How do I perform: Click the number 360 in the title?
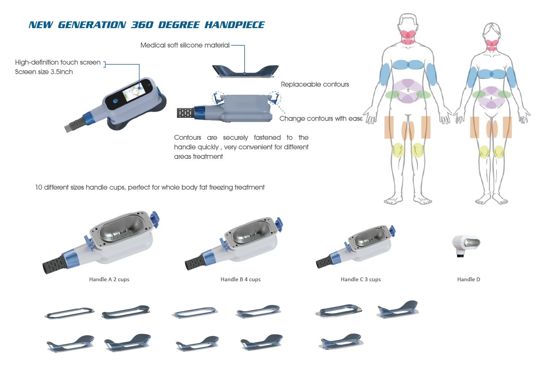[x=142, y=25]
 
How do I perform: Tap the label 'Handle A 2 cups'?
[x=109, y=279]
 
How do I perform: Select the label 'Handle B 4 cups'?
[x=240, y=279]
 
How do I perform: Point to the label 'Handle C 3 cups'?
[x=361, y=279]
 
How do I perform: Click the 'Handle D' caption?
[x=469, y=279]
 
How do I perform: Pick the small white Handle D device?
[x=466, y=246]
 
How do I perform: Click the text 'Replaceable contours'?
[x=315, y=84]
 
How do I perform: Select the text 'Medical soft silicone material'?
[x=185, y=45]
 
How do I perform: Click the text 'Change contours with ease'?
[x=321, y=119]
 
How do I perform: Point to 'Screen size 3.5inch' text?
[x=44, y=72]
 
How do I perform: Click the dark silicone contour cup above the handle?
[x=245, y=71]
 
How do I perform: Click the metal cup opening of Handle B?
[x=251, y=231]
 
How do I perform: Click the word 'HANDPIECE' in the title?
[x=234, y=25]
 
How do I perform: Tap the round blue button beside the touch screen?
[x=116, y=101]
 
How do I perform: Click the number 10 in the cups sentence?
[x=39, y=187]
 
